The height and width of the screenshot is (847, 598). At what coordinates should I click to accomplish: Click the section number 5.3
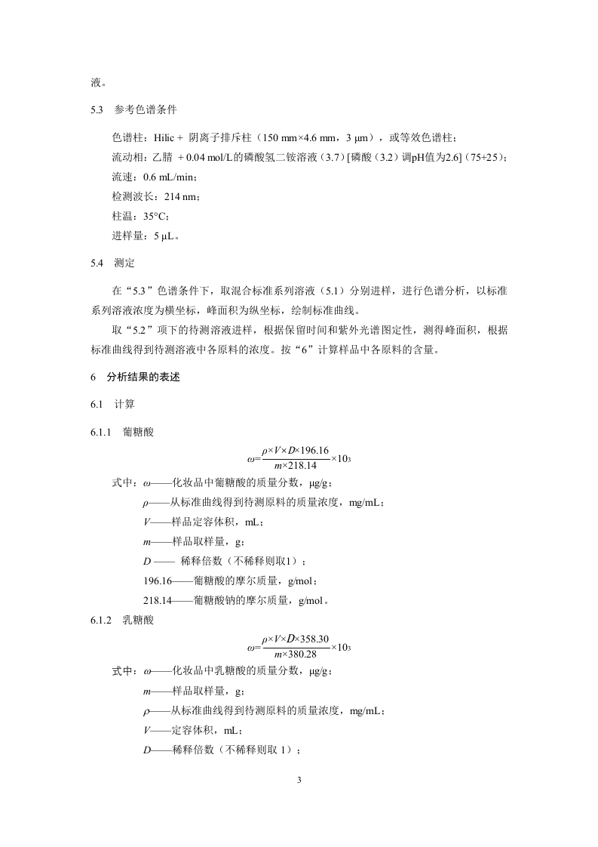click(96, 110)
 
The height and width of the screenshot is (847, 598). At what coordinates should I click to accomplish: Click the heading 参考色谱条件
click(146, 110)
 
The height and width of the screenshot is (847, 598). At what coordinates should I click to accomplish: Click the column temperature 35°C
click(161, 216)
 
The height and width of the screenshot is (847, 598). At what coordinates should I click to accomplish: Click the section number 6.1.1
click(101, 432)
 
